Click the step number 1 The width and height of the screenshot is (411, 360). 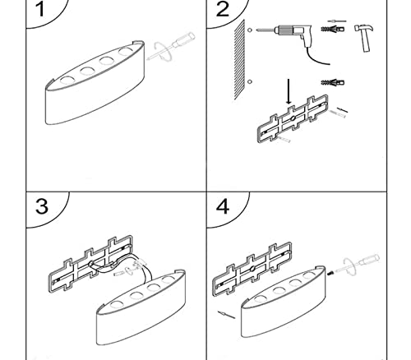click(x=40, y=10)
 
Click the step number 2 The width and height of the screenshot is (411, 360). click(x=223, y=9)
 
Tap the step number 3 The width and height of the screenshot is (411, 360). click(x=42, y=206)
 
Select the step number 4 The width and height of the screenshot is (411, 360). click(x=223, y=206)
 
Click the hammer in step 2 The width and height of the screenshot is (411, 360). click(x=364, y=38)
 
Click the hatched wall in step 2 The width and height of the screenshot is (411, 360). click(x=239, y=59)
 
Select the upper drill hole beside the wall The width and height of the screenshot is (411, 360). click(x=250, y=30)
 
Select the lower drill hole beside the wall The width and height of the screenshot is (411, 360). click(x=250, y=81)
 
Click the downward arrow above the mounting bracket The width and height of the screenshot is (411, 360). click(x=289, y=92)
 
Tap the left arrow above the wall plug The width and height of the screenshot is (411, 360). click(x=337, y=21)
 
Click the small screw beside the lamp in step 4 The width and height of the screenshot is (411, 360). click(x=330, y=273)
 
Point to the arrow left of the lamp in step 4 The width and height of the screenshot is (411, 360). click(x=227, y=315)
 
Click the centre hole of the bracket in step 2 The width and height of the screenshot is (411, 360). click(x=293, y=118)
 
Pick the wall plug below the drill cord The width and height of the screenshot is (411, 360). click(x=333, y=82)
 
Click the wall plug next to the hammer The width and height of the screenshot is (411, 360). click(x=333, y=29)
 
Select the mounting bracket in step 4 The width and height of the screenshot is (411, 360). click(x=252, y=269)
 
